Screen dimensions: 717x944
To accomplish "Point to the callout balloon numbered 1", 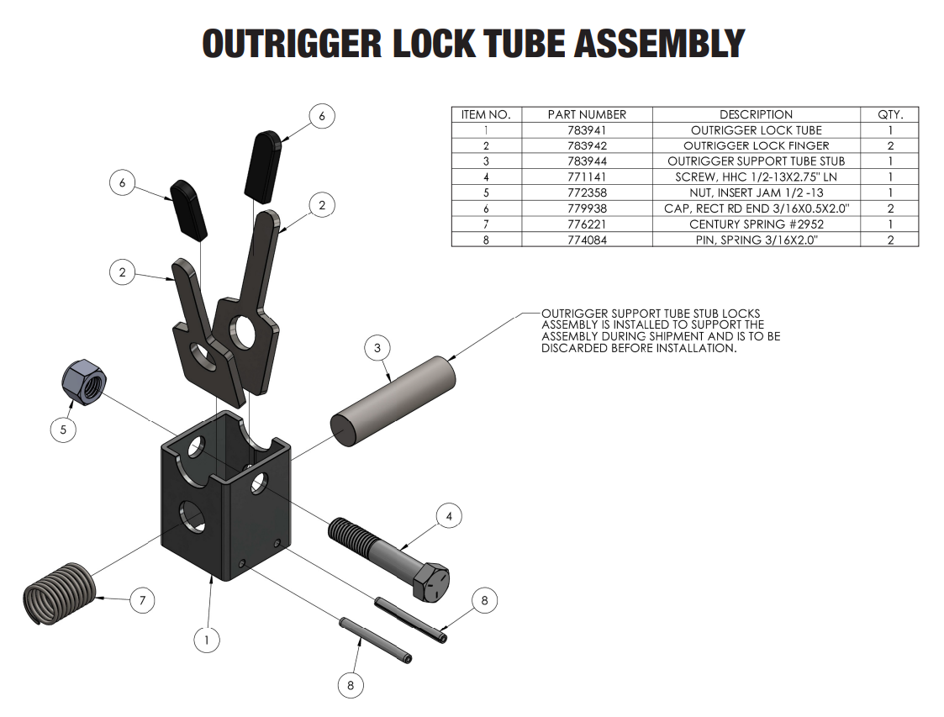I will [x=207, y=641].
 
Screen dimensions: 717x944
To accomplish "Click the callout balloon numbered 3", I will [x=377, y=347].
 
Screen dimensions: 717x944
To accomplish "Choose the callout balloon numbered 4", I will [x=449, y=516].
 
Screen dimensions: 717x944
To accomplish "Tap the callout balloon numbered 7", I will [x=143, y=600].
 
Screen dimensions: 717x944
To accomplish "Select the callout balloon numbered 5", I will [x=63, y=430].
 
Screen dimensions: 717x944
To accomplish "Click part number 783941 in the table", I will [x=587, y=130].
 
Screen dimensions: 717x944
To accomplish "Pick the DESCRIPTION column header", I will [x=756, y=114].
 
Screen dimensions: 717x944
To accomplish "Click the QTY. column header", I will [x=889, y=114].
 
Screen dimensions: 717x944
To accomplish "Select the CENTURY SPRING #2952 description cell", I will [x=756, y=224].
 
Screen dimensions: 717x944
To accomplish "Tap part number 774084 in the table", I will [x=587, y=240].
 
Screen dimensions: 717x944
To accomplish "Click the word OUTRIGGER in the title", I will [x=290, y=44].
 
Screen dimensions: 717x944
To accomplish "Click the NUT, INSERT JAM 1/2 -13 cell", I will [x=756, y=192].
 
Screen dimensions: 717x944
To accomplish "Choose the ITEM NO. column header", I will [x=486, y=114].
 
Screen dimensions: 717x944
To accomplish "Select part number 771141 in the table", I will [x=587, y=177].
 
